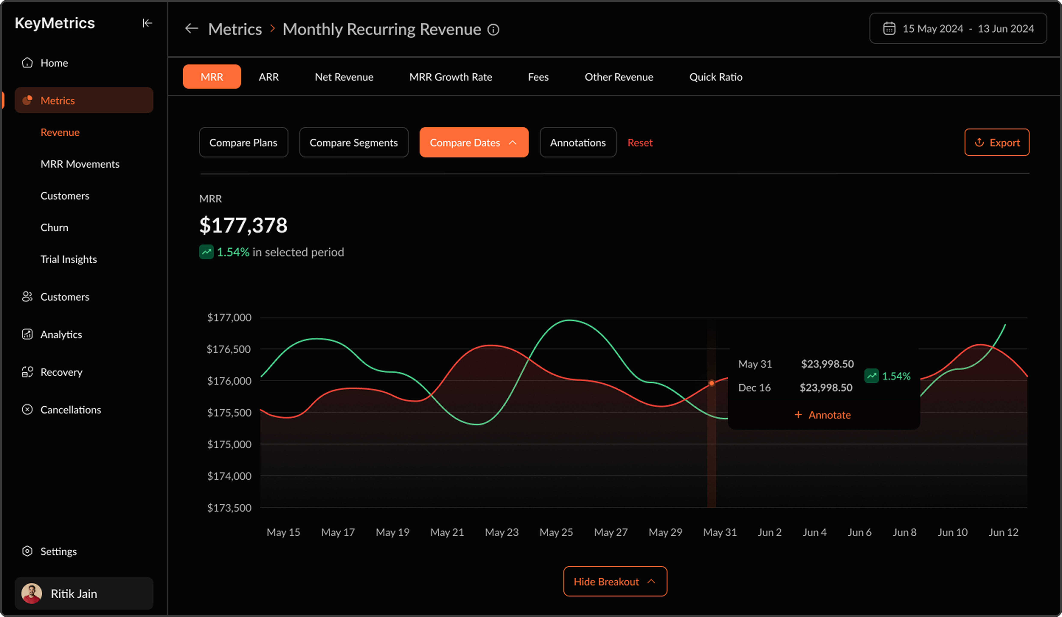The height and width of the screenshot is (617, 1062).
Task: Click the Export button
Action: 997,142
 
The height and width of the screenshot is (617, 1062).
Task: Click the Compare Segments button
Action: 354,142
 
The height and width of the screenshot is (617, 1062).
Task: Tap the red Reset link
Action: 640,142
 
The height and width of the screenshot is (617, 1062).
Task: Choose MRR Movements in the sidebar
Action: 80,164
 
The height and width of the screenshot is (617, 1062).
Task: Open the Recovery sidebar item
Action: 61,372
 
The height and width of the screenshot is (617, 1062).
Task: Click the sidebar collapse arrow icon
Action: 147,23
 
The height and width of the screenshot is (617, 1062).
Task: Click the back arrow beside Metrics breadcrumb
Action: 192,29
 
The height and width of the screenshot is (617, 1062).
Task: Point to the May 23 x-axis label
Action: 501,532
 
